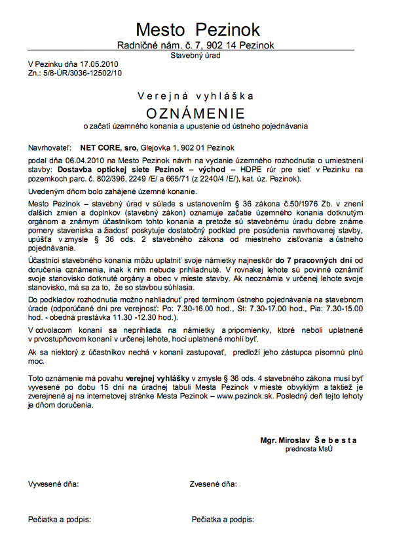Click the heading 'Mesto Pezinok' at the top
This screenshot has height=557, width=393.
point(198,29)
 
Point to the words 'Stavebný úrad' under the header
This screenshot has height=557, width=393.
point(195,56)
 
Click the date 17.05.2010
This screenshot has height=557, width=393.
point(100,65)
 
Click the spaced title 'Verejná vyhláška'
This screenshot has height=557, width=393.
point(195,96)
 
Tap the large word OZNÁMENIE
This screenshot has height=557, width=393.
point(195,111)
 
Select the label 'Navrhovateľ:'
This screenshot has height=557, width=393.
point(50,148)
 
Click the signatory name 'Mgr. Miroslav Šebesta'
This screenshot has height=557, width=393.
point(308,441)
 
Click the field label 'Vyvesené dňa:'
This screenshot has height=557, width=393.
point(53,485)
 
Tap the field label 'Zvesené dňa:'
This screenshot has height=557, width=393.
point(213,485)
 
